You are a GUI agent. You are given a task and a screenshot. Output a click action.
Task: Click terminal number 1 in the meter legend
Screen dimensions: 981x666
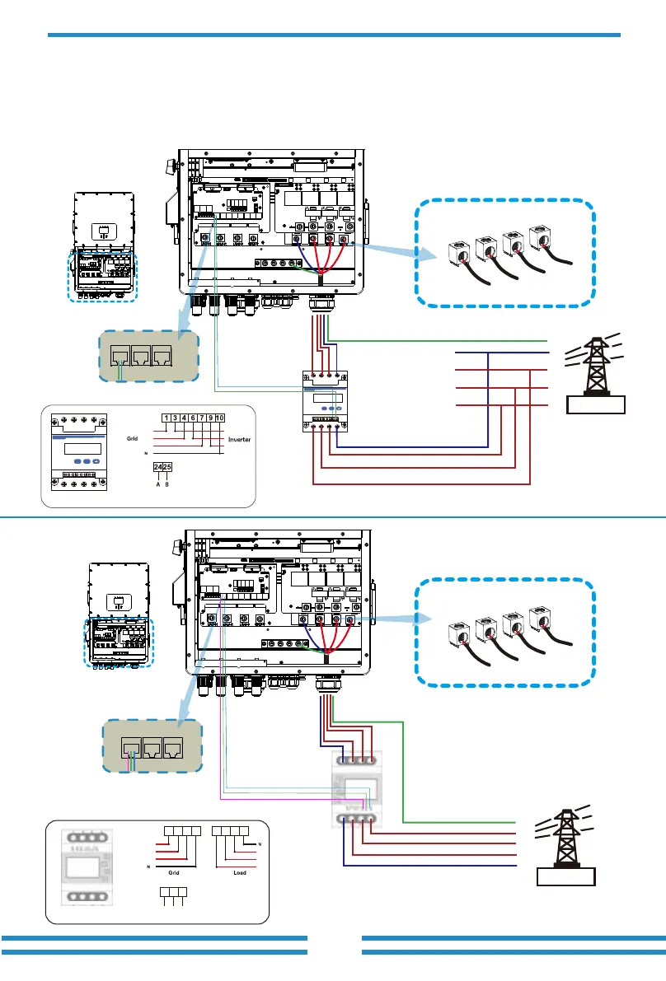pos(166,417)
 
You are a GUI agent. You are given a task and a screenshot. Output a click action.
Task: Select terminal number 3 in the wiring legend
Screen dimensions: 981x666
pos(176,417)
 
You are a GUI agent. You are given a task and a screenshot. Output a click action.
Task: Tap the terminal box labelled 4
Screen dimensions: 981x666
pos(185,417)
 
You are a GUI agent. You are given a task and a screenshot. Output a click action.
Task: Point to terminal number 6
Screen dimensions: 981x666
pos(193,417)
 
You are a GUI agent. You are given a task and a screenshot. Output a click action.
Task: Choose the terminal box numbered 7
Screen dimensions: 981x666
pos(203,417)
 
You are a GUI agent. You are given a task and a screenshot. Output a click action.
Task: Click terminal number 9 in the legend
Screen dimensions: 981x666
pos(212,417)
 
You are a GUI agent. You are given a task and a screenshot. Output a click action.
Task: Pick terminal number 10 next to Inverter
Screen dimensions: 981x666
pos(222,417)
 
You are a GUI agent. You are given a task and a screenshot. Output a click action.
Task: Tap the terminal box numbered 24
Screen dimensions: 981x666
pos(157,468)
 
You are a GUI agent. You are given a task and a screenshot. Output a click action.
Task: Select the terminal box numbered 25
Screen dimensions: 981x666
pos(167,468)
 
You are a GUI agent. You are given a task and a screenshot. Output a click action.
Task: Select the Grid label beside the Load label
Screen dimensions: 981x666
pos(174,871)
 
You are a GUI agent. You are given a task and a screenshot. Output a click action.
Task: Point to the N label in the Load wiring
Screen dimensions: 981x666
pos(260,844)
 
